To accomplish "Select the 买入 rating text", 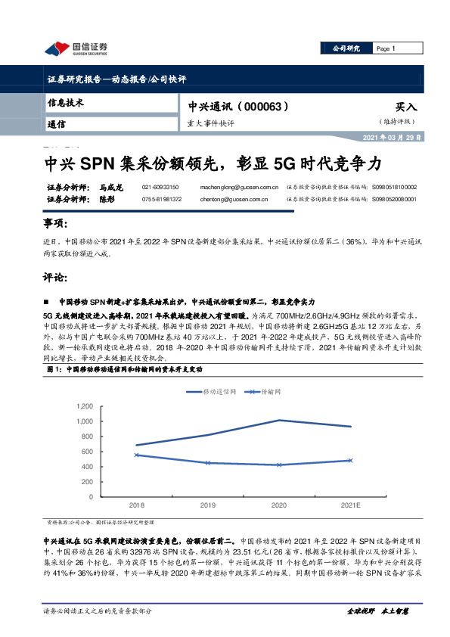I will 405,107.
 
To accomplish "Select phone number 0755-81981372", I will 161,199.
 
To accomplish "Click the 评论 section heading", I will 55,277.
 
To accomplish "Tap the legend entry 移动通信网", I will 219,392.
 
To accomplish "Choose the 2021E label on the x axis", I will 350,505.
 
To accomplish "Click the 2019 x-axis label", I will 208,505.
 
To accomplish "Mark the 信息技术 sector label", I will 66,102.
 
